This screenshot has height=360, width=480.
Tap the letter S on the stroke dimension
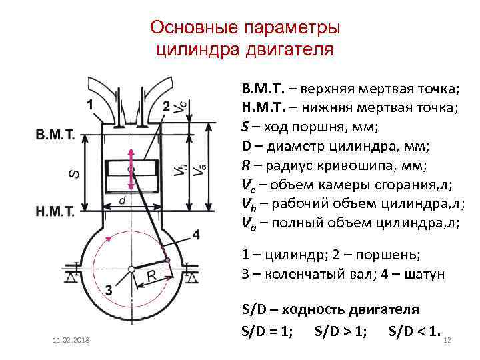point(75,173)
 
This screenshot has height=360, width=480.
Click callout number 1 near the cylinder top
point(90,105)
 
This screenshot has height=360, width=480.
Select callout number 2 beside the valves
point(165,107)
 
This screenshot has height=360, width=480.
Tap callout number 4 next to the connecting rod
point(195,235)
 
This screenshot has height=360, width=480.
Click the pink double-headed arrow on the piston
point(131,169)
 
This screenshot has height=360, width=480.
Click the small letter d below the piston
point(121,200)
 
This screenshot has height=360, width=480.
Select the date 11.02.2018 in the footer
point(73,341)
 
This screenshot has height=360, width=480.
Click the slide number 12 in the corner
point(447,341)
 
